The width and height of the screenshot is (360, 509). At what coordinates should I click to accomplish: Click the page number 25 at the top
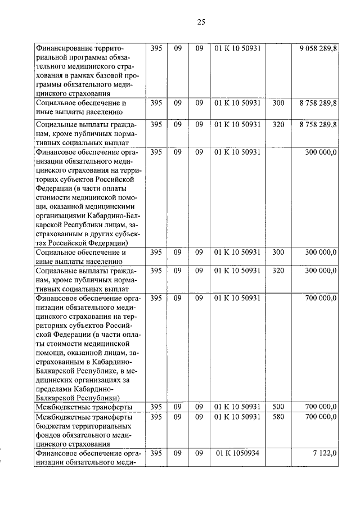tap(201, 22)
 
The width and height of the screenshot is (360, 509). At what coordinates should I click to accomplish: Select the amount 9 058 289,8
tap(318, 49)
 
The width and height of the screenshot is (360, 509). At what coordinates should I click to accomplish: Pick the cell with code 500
tap(278, 407)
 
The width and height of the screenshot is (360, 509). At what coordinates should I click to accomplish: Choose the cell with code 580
tap(278, 417)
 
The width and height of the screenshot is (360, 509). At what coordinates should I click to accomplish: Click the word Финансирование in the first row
tap(64, 49)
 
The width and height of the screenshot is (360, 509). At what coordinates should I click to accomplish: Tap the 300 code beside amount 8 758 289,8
tap(278, 103)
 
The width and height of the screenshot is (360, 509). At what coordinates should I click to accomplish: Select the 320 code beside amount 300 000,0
tap(278, 271)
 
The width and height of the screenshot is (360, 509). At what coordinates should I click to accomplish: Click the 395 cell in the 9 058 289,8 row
tap(157, 49)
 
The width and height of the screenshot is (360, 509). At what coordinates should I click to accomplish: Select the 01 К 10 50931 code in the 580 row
tap(237, 417)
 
